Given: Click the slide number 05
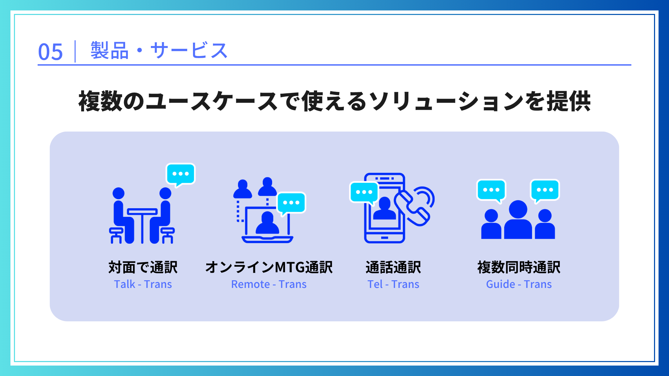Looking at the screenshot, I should pos(50,52).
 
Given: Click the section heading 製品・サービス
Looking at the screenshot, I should pos(159,51).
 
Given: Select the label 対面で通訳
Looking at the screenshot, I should pos(143,267).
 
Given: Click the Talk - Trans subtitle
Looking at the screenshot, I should pos(143,284).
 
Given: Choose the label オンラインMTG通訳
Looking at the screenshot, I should pos(269,267).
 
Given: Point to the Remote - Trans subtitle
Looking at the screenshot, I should pos(269,284).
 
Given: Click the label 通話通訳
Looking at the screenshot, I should pos(393,267).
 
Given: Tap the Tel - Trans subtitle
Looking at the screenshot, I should pos(393,284).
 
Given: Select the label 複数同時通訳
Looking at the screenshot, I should pos(518,267).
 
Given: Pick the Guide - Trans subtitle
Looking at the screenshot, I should pos(518,284).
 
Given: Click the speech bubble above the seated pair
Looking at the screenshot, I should pos(180,174).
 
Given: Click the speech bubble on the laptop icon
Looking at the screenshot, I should pos(291,203).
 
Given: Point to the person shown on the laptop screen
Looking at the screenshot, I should pos(267,224).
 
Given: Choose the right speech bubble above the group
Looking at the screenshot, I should pos(545,190).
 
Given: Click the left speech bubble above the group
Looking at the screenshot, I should pos(491,190).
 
